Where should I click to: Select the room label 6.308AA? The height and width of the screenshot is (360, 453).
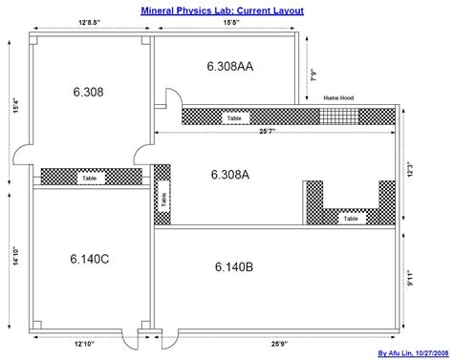(229, 66)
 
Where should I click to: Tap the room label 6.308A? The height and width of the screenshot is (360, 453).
(230, 175)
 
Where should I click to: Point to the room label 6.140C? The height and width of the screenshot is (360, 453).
(88, 259)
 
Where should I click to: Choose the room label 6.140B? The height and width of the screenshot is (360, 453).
(233, 266)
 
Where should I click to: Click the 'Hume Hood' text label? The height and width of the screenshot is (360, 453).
(338, 98)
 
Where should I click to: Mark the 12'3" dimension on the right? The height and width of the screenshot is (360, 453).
(409, 168)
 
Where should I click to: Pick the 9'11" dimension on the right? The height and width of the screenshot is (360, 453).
(409, 279)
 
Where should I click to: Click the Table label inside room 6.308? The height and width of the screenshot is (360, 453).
(89, 178)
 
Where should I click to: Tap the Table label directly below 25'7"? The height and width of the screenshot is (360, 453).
(233, 118)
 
